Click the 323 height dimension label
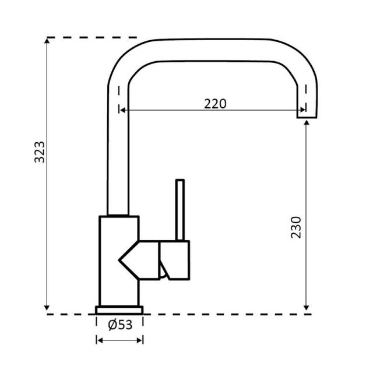click(x=40, y=152)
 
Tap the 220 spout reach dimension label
click(x=215, y=104)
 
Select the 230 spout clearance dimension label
click(x=296, y=227)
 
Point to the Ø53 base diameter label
click(x=120, y=325)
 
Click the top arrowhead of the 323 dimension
click(x=47, y=41)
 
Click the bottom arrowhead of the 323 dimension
click(x=47, y=308)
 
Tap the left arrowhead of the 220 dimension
click(x=122, y=110)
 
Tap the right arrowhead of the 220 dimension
click(x=302, y=110)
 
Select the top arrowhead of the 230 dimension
click(x=307, y=123)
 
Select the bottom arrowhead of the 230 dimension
click(x=307, y=308)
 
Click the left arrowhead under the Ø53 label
click(x=100, y=340)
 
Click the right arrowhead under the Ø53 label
click(x=139, y=340)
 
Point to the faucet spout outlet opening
click(x=307, y=117)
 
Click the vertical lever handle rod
click(x=180, y=210)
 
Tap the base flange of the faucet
click(x=119, y=310)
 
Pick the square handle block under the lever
click(x=175, y=260)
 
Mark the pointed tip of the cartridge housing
click(x=119, y=261)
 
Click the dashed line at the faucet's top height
click(x=92, y=37)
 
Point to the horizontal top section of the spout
click(x=214, y=50)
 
